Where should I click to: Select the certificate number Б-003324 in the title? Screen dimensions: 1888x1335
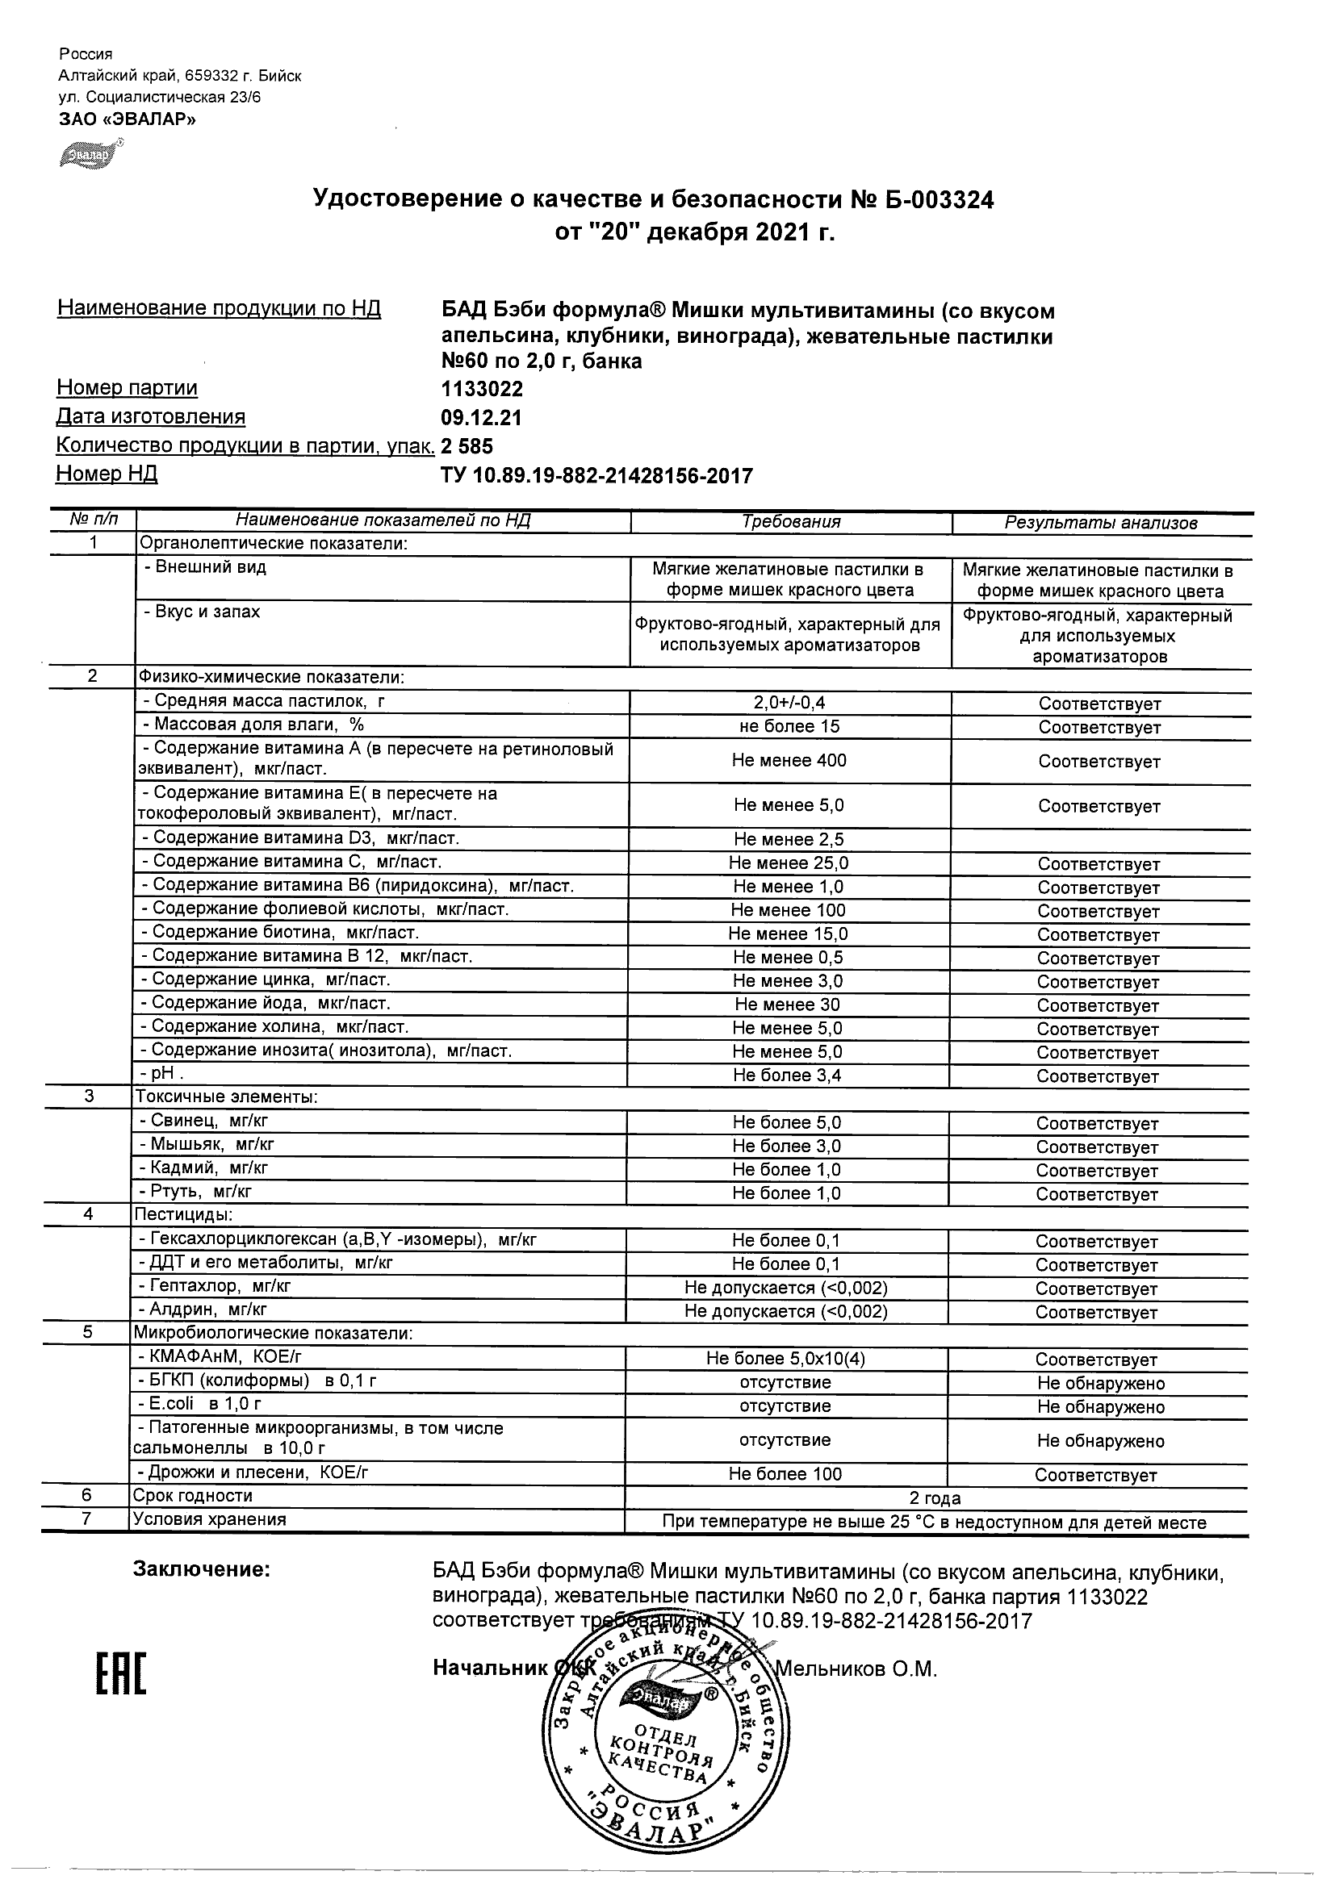point(931,199)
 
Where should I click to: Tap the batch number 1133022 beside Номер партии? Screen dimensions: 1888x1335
point(482,388)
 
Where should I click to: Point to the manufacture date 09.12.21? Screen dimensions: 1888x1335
point(481,418)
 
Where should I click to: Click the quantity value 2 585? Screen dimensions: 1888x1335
point(467,445)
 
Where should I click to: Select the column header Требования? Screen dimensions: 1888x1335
point(790,521)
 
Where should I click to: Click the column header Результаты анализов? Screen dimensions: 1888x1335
point(1101,522)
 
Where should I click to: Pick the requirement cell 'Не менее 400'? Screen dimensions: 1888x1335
point(789,760)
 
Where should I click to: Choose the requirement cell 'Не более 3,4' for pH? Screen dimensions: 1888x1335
point(787,1076)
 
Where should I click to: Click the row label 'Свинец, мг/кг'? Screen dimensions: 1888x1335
point(203,1120)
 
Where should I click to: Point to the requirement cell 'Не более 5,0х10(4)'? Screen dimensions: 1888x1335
point(785,1359)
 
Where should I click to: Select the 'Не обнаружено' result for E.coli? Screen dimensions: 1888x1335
point(1100,1406)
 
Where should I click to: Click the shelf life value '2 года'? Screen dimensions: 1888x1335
point(935,1497)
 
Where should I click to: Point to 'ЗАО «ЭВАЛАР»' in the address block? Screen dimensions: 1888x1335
point(128,119)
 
